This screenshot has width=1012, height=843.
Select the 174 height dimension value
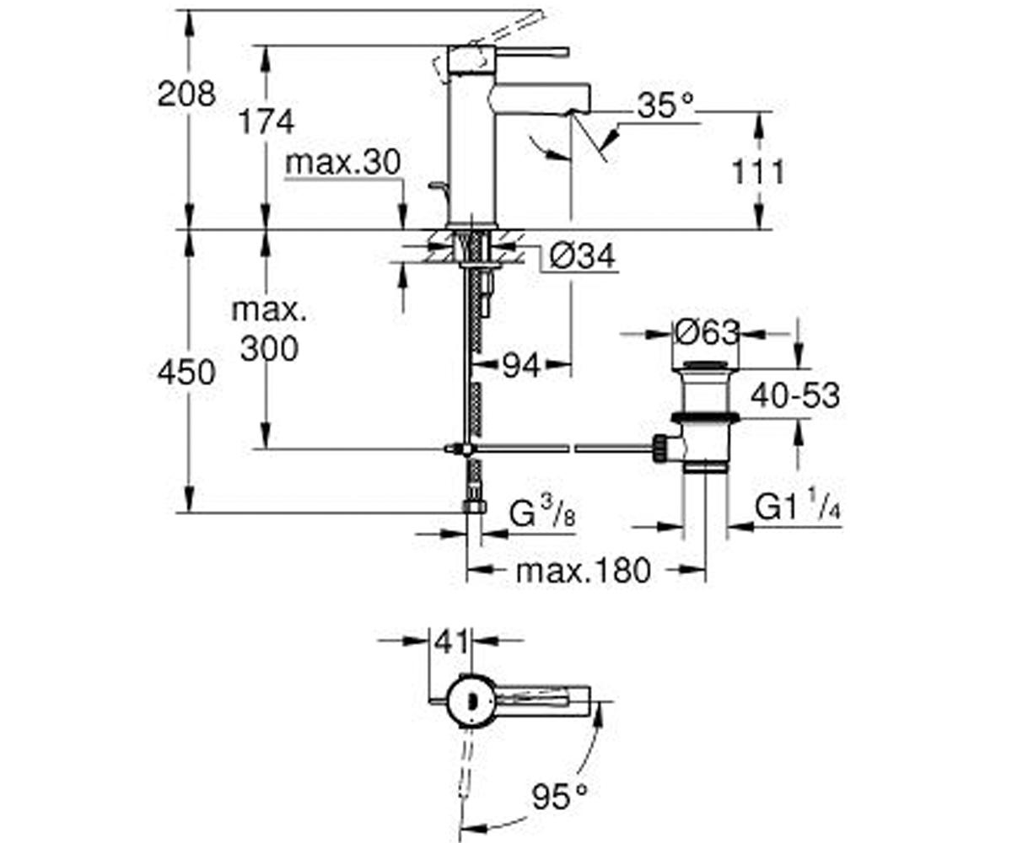[x=266, y=121]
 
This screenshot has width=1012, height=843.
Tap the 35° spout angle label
[x=665, y=105]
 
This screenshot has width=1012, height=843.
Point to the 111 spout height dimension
[x=757, y=172]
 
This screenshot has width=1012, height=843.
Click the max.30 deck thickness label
[x=343, y=163]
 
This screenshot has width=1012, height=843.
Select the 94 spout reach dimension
[x=521, y=366]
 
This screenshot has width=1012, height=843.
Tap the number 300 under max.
[x=269, y=348]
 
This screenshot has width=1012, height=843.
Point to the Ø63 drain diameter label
[x=707, y=333]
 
